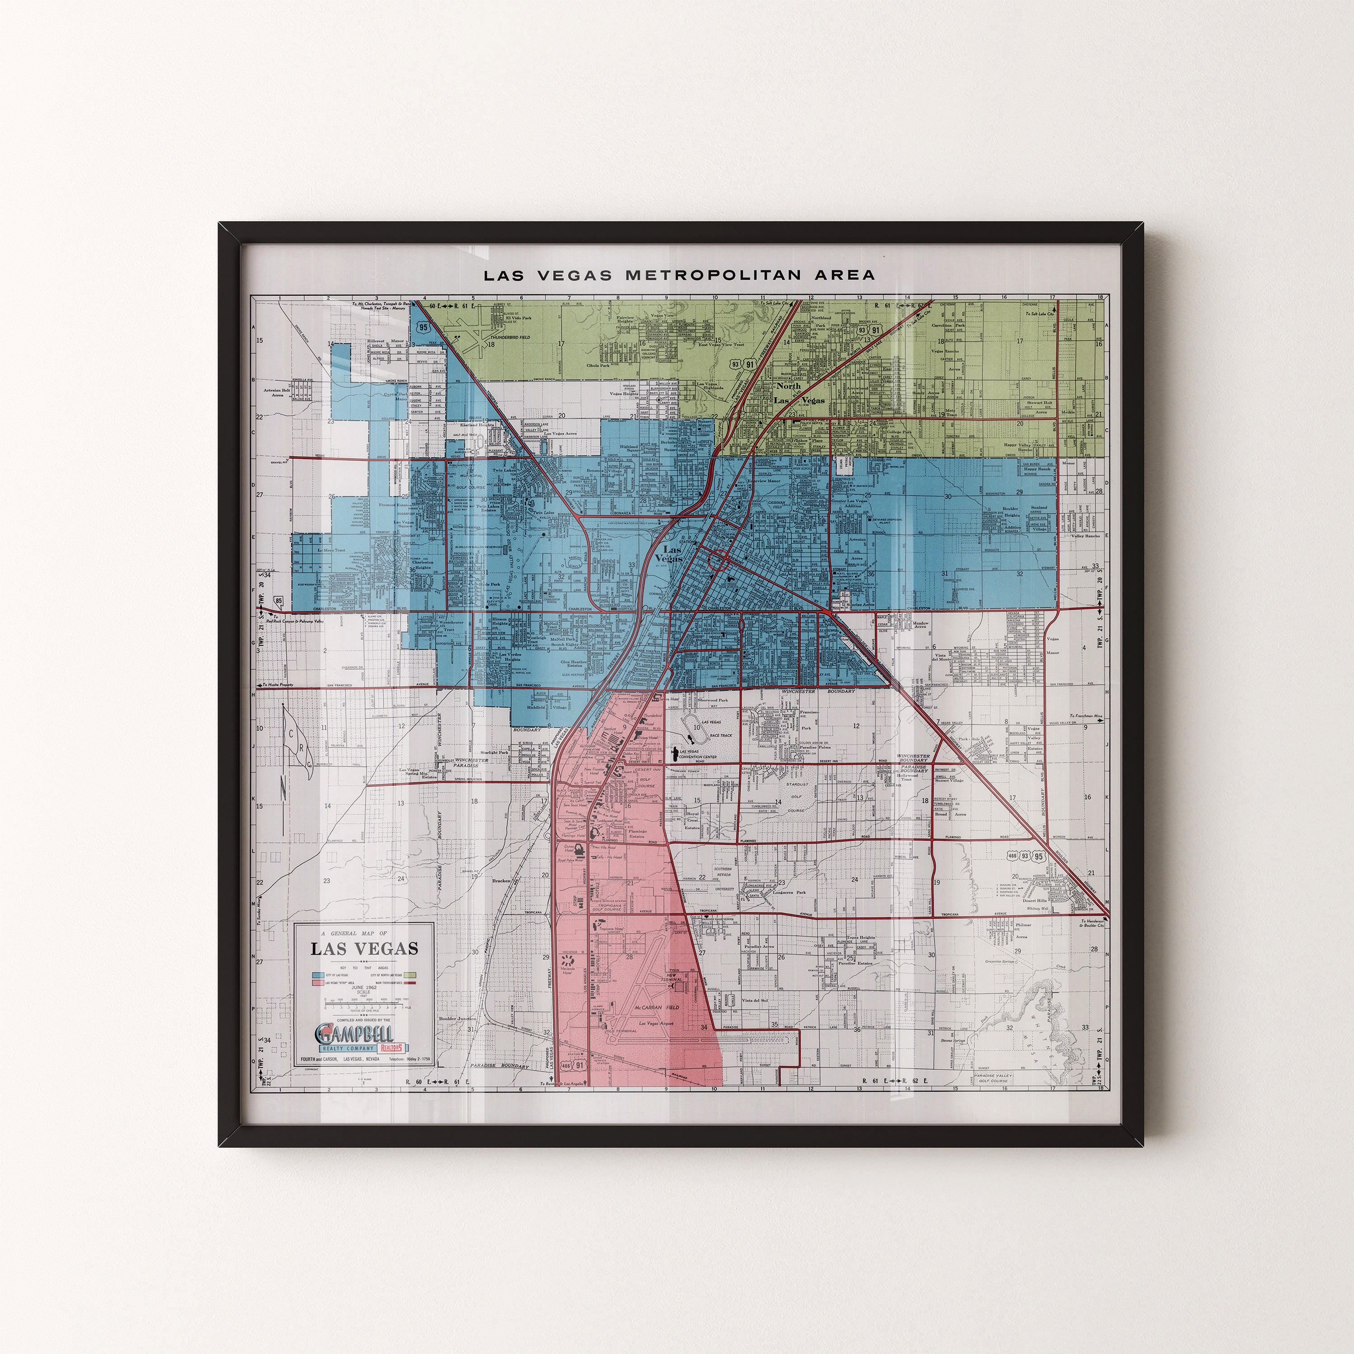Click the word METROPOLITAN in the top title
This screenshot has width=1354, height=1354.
click(x=707, y=275)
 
